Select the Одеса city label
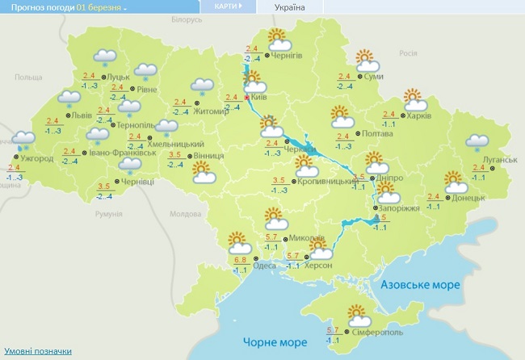pyautogui.click(x=263, y=266)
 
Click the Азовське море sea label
pyautogui.click(x=419, y=285)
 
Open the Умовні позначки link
pyautogui.click(x=37, y=351)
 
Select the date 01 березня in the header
pyautogui.click(x=101, y=7)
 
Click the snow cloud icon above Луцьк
pyautogui.click(x=104, y=57)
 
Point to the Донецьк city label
pyautogui.click(x=468, y=198)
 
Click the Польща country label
pyautogui.click(x=27, y=77)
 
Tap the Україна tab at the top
pyautogui.click(x=290, y=7)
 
